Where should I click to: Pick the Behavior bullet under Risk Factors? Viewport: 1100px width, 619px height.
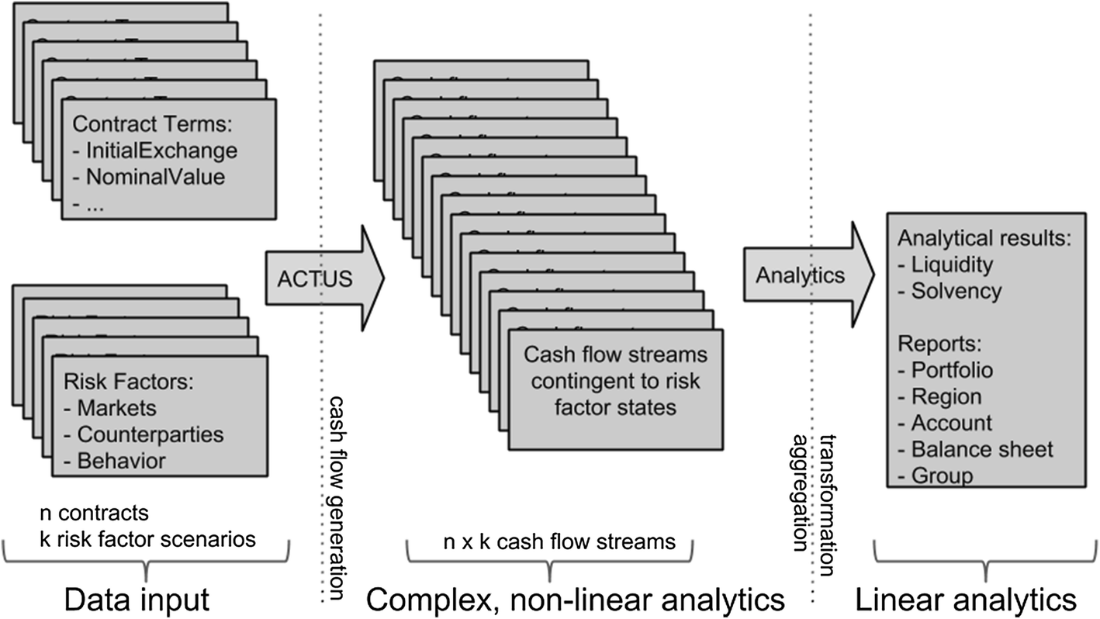121,461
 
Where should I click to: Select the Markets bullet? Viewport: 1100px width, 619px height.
116,408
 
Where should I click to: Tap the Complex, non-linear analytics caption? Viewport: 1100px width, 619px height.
575,600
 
